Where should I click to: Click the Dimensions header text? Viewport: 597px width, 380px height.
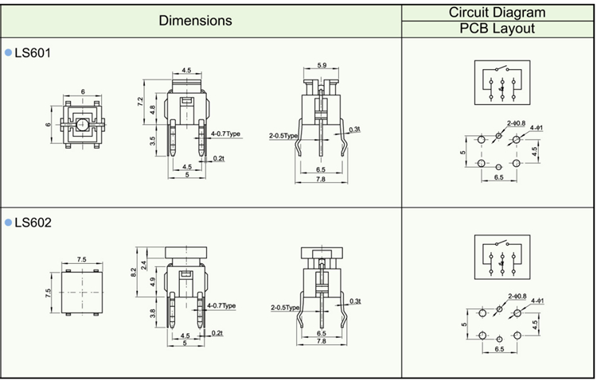coord(195,21)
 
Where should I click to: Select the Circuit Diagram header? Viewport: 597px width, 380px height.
coord(497,12)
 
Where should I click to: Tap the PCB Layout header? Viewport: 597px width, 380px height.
coord(497,29)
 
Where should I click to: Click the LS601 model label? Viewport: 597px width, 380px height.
coord(33,52)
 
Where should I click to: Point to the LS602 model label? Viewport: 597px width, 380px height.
coord(33,223)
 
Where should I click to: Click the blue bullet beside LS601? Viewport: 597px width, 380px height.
coord(9,52)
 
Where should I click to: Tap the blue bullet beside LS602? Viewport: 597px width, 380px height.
coord(9,223)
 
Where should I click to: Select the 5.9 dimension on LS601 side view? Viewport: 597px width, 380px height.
coord(322,64)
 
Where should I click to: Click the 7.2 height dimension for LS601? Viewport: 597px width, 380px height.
coord(140,102)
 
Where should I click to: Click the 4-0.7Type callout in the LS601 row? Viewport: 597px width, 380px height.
coord(224,134)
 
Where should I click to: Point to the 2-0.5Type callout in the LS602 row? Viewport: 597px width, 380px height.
coord(284,307)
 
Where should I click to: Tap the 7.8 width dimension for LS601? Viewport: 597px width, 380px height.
coord(320,180)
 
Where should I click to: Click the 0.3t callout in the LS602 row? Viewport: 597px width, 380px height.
coord(355,301)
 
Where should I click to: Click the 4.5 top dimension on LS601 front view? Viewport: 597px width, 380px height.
coord(186,71)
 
